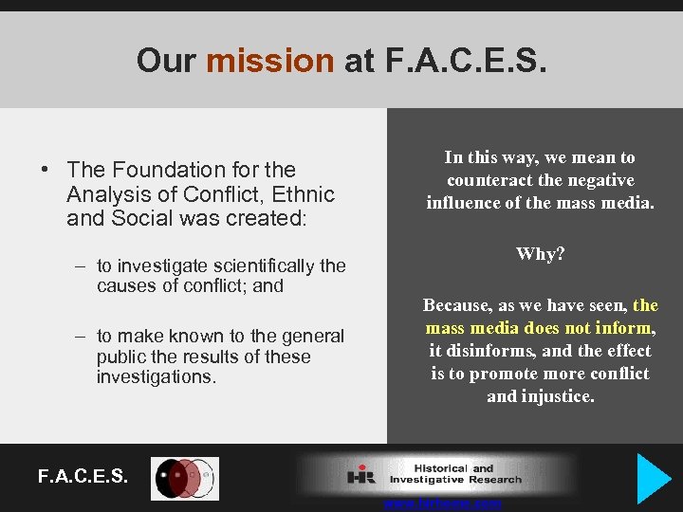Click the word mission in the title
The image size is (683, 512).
tap(269, 62)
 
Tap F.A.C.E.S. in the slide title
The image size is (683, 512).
tap(465, 62)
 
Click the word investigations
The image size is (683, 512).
tap(157, 377)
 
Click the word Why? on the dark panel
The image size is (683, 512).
tap(540, 254)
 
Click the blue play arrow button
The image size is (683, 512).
tap(654, 479)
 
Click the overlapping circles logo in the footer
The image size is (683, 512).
tap(186, 479)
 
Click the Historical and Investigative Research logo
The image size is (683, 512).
tap(436, 474)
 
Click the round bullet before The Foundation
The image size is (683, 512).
tap(45, 171)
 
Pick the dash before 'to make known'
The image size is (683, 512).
tap(83, 337)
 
